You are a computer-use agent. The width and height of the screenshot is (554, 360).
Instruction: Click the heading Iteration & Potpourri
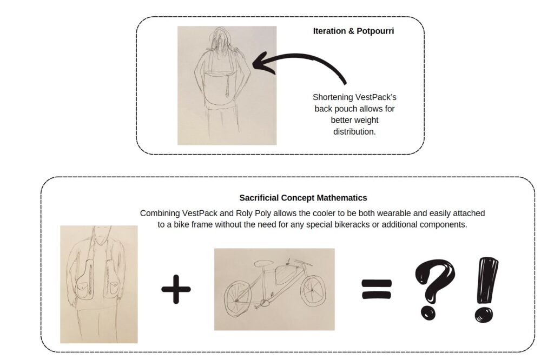(x=353, y=31)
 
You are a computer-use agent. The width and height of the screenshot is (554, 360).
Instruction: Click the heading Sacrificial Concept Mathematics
(x=303, y=198)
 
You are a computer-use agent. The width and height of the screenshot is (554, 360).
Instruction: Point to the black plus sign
(x=176, y=289)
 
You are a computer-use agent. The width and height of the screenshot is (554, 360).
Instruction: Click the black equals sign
(x=377, y=289)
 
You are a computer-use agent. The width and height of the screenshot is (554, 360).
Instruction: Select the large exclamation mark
(x=486, y=289)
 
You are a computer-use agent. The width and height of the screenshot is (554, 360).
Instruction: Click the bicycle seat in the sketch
(x=263, y=263)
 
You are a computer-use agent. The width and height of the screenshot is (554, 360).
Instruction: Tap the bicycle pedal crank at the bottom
(x=263, y=303)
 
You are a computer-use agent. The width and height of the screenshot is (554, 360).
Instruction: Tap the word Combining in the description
(x=160, y=213)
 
